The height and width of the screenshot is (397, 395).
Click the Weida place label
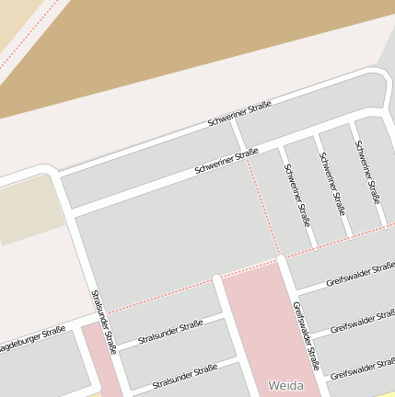[x=285, y=384]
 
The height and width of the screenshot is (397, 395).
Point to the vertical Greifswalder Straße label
[x=306, y=335]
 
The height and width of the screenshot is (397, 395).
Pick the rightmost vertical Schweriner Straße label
[x=367, y=171]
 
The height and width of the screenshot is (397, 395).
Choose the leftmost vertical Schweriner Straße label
[x=297, y=195]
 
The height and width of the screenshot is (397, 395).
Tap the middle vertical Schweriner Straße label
[x=331, y=183]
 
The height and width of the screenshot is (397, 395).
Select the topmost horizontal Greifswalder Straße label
[x=359, y=275]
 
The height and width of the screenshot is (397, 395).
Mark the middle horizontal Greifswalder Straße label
[x=362, y=322]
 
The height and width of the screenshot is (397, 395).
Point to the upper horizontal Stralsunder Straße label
[x=169, y=333]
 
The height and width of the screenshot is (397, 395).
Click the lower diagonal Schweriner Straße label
[x=226, y=163]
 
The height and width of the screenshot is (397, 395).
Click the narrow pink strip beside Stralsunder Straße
[x=99, y=363]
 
